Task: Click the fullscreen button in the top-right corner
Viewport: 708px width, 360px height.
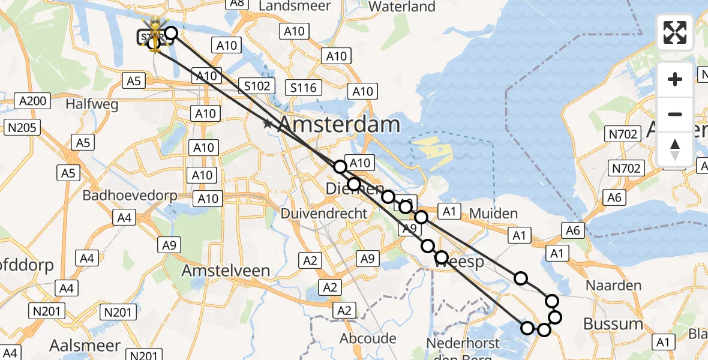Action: pos(675,32)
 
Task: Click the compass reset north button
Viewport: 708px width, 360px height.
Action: pos(675,149)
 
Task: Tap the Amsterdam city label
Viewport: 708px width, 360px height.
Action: pos(338,125)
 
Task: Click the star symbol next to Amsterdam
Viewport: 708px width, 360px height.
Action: pos(268,124)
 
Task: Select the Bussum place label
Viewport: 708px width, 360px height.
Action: pos(613,325)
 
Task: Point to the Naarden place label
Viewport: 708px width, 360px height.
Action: pos(614,286)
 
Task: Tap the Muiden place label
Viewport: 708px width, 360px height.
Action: pos(493,213)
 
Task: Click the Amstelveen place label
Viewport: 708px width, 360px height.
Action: pos(226,271)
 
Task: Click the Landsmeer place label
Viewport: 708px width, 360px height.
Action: pos(295,6)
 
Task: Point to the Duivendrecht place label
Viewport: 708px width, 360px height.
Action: pos(324,213)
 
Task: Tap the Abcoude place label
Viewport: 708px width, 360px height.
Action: pos(368,338)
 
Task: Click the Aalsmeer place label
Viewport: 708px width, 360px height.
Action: pos(85,346)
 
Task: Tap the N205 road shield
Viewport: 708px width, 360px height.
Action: pos(22,127)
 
